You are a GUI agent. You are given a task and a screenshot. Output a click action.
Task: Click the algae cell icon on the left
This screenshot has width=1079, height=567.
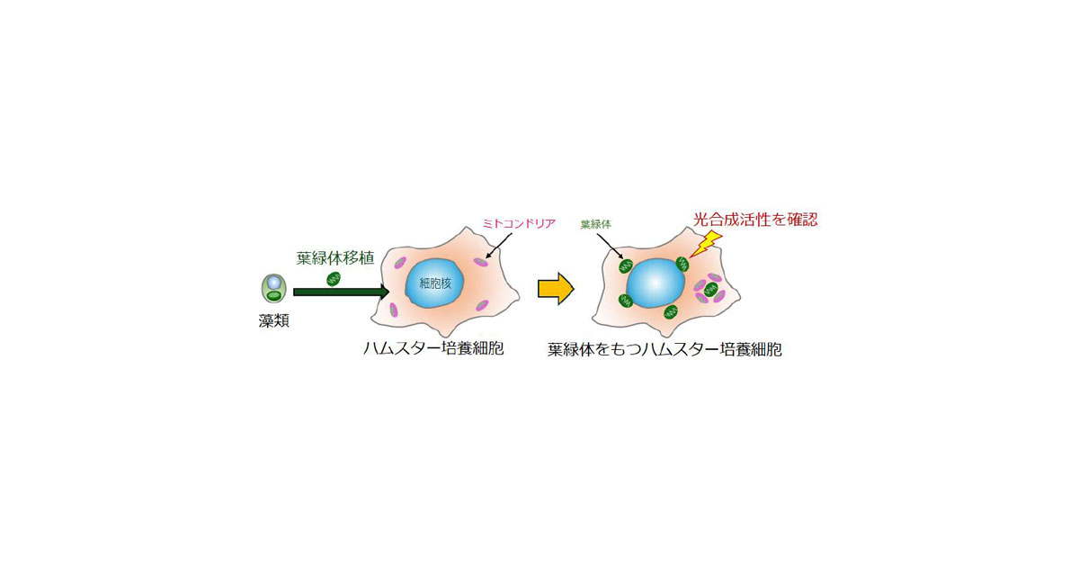272,289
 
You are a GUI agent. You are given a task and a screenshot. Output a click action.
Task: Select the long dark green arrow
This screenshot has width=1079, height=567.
341,292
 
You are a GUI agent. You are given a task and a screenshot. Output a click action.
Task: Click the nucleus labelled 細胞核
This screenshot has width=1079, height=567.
436,284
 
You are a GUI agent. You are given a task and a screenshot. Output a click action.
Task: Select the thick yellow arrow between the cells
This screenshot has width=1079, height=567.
555,288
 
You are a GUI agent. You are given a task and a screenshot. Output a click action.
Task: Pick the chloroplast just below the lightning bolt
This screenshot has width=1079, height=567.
682,265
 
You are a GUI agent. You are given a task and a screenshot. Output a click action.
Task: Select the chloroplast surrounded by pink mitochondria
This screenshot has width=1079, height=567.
710,289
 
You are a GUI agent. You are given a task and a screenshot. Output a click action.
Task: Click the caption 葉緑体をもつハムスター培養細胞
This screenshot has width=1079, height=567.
664,349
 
